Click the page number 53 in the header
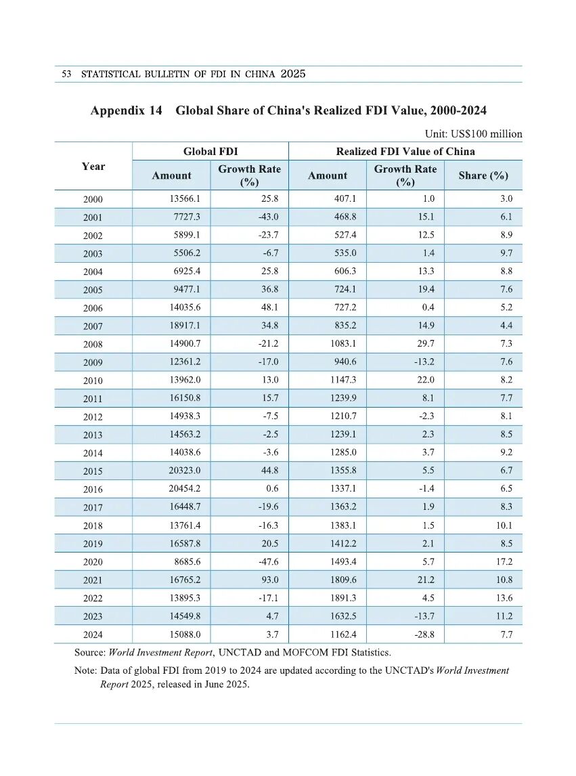click(66, 74)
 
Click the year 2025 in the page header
click(292, 74)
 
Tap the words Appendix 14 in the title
click(127, 110)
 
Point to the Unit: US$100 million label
click(473, 133)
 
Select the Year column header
click(93, 167)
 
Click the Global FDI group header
click(211, 152)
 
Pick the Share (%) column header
click(483, 175)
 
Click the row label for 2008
click(93, 344)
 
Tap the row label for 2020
click(93, 562)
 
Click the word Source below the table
click(91, 653)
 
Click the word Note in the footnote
click(85, 670)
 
